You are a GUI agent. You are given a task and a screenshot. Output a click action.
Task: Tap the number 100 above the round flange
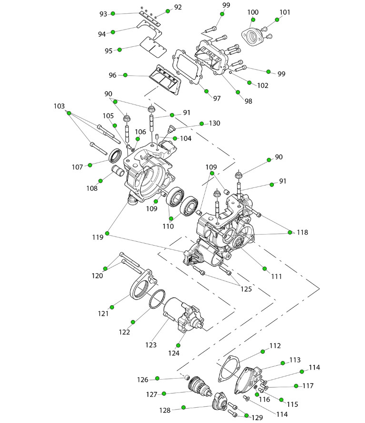point(253,11)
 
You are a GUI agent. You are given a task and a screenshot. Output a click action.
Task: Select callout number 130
point(214,123)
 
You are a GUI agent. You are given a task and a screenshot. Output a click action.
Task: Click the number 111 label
point(277,276)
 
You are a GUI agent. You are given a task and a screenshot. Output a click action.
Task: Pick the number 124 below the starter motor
point(174,353)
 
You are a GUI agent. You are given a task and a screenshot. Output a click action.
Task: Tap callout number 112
point(275,345)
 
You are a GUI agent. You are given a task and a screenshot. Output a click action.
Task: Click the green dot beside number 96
point(125,75)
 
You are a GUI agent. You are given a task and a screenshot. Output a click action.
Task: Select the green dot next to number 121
point(112,306)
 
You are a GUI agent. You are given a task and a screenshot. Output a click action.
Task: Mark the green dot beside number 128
point(184,408)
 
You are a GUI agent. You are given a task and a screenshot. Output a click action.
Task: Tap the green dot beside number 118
point(290,232)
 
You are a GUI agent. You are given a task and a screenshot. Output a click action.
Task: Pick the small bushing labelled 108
point(117,170)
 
